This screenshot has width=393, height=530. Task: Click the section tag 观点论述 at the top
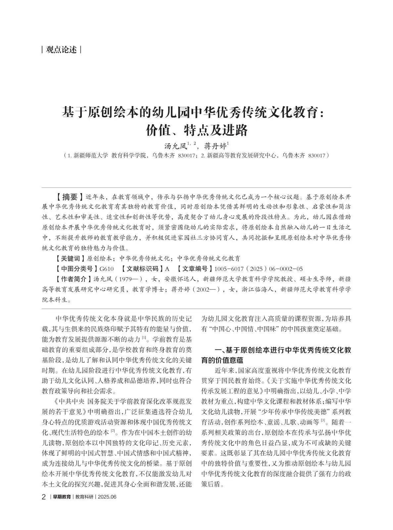62,50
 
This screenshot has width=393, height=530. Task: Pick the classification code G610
107,269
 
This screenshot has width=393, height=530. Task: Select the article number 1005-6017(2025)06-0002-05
259,269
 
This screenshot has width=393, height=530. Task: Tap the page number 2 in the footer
44,497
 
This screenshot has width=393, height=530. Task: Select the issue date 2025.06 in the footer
107,497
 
